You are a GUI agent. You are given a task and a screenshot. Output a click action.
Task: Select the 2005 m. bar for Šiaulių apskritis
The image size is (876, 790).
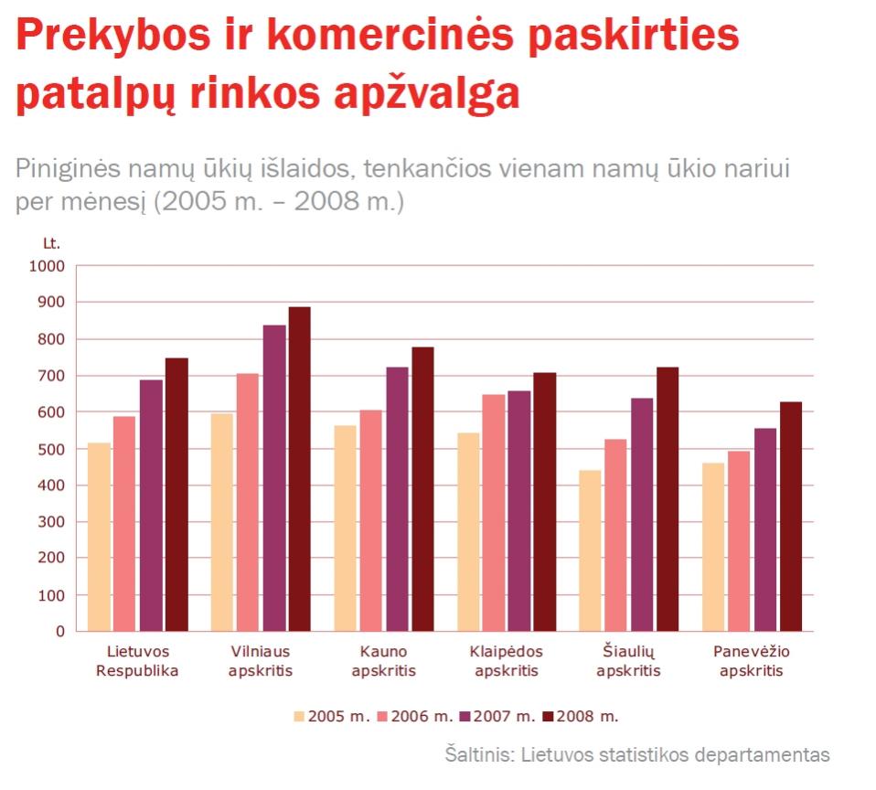tap(591, 550)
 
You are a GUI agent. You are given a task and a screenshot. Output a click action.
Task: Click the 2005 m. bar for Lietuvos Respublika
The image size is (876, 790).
tap(99, 537)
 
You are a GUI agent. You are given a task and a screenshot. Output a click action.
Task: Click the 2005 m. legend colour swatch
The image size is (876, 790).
tap(299, 716)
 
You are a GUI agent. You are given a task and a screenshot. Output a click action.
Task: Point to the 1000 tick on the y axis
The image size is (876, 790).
tap(48, 266)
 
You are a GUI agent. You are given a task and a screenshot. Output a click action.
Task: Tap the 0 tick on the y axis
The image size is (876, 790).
tap(60, 632)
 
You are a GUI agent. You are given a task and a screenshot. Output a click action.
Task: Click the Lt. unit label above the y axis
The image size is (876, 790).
tap(52, 243)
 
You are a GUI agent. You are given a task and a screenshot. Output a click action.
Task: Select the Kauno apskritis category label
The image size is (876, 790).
tap(384, 661)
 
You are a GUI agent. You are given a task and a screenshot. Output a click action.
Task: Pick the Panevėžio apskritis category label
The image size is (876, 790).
tap(751, 661)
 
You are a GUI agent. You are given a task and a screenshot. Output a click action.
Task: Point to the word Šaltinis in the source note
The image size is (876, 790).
tap(478, 755)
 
